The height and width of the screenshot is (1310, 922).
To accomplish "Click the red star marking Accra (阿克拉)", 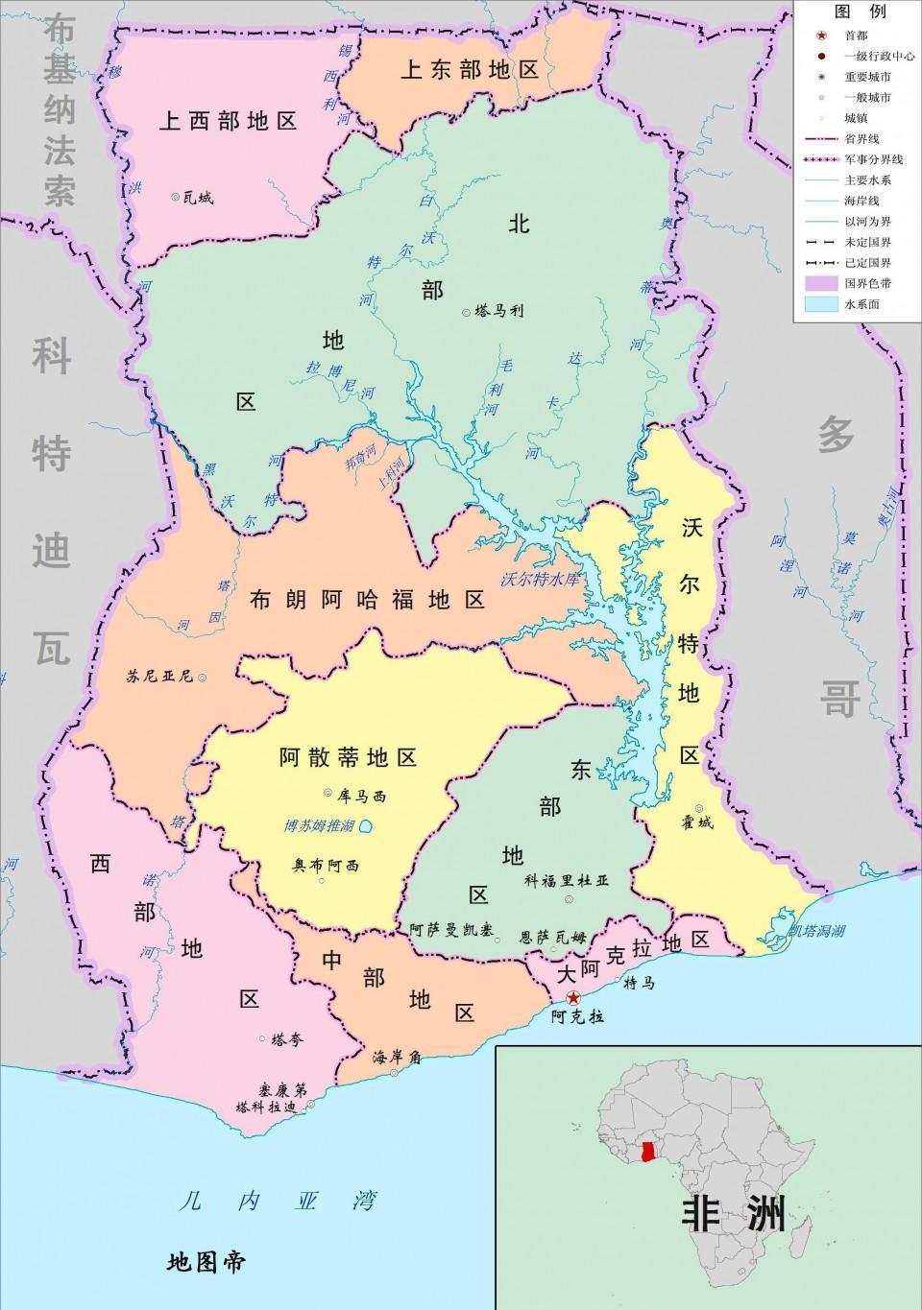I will (573, 997).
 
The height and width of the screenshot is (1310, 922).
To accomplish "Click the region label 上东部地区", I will (469, 70).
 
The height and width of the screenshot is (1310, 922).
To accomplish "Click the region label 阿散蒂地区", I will (348, 757).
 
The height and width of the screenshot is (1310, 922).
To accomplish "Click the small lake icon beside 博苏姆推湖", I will (367, 826).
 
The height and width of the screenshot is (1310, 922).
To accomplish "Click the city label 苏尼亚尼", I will (159, 676).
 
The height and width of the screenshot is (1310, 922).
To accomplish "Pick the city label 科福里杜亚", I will (567, 880).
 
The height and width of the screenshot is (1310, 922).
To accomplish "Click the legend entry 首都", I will (855, 35).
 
